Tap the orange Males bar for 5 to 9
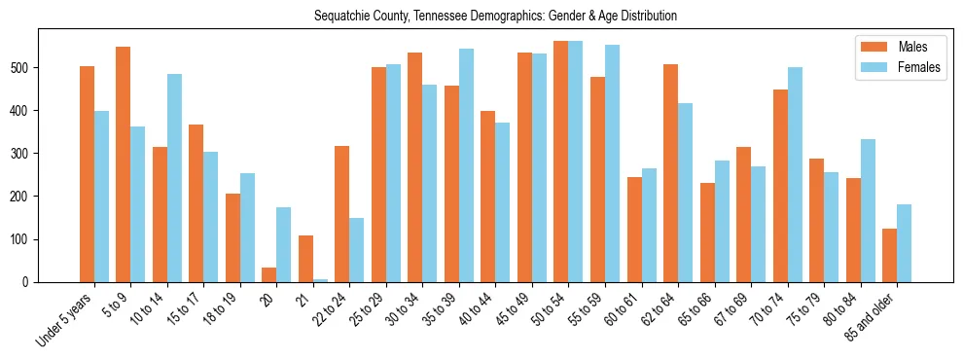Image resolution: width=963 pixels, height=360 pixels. [x=124, y=164]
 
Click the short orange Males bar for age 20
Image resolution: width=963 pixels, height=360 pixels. [x=269, y=274]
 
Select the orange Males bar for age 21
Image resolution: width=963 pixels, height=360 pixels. [x=305, y=259]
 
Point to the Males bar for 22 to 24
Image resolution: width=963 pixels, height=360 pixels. [x=342, y=214]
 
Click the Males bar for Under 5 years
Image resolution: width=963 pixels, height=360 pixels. [x=87, y=174]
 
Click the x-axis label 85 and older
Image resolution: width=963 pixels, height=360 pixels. [x=872, y=316]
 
